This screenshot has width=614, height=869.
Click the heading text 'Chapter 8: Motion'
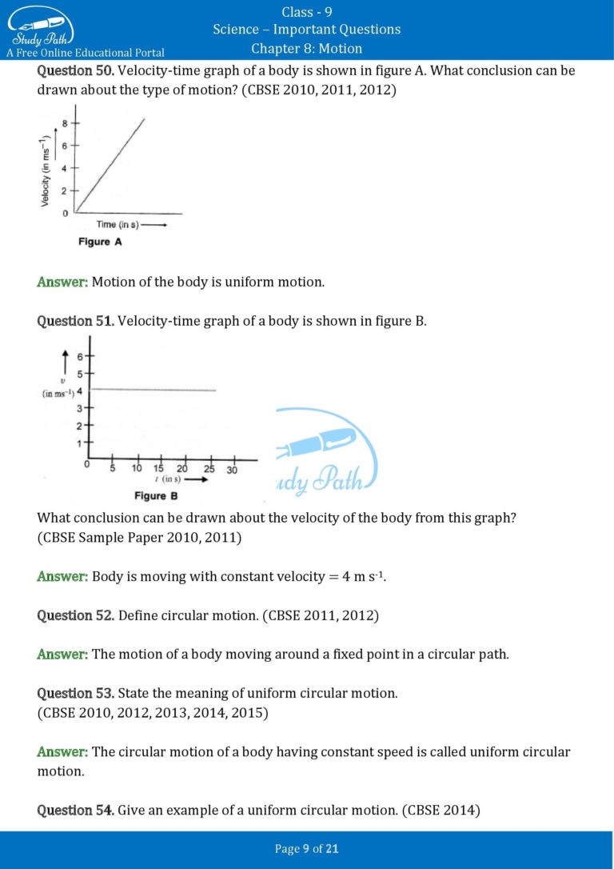tap(306, 49)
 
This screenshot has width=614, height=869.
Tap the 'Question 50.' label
tap(75, 70)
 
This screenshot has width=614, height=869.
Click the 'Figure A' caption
tap(100, 242)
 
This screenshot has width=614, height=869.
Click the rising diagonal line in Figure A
tap(110, 166)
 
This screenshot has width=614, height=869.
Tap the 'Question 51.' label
tap(75, 321)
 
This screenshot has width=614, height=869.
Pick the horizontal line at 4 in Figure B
tap(152, 390)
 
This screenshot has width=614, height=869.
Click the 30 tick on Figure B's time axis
tap(232, 470)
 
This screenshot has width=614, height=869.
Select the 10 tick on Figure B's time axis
tap(137, 470)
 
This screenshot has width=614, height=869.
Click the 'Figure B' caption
tap(150, 496)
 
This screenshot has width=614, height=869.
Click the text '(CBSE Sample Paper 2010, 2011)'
tap(139, 538)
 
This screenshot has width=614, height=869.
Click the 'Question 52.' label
tap(75, 615)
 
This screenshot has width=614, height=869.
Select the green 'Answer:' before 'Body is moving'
tap(62, 576)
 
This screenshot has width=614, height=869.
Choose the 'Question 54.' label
tap(75, 811)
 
